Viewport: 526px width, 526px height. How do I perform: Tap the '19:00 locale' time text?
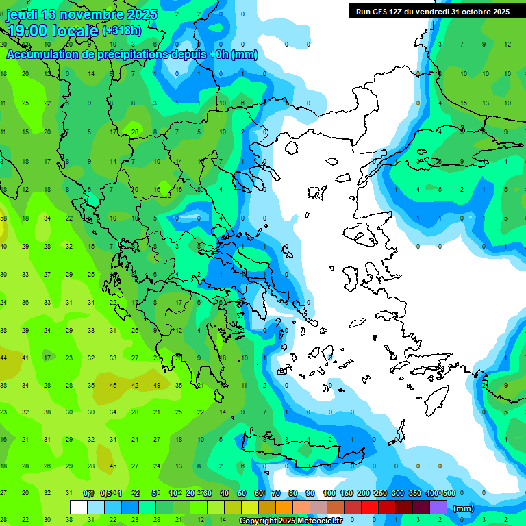tap(52, 31)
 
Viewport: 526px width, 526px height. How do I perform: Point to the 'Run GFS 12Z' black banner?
tap(432, 11)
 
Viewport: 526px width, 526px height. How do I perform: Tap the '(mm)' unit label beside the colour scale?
tap(464, 508)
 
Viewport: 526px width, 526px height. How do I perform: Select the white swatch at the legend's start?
tap(79, 508)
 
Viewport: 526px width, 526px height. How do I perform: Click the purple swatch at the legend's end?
tap(438, 508)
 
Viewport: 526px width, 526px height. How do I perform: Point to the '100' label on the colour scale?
tap(329, 493)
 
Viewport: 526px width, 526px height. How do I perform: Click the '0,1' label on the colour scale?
tap(88, 493)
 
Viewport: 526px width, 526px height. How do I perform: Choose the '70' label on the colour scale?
tap(276, 493)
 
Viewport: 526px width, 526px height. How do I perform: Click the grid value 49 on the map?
tap(157, 386)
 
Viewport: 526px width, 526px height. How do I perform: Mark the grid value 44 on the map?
tap(4, 358)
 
